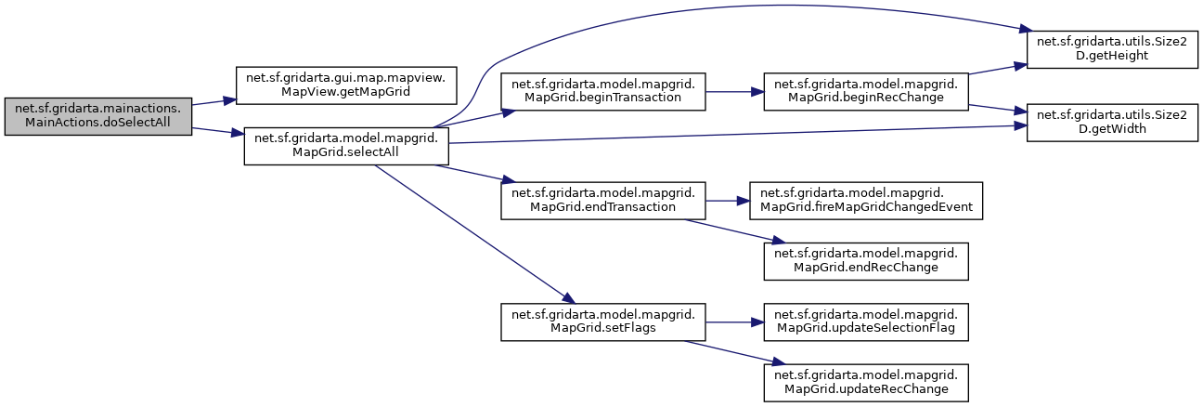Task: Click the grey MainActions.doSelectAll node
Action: (97, 116)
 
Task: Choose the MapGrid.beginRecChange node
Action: (866, 91)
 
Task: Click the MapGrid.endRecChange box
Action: (866, 259)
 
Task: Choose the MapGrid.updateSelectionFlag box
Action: (866, 321)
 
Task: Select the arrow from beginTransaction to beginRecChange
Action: (734, 91)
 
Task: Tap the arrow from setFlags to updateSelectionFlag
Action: (734, 321)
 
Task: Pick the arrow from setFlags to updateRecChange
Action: (733, 351)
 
